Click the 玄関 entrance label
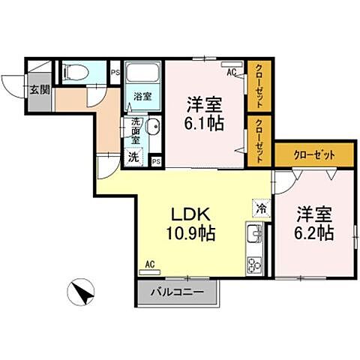coord(40,88)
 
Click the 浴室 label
coord(142,97)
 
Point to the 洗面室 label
coord(136,130)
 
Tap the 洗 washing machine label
coord(133,157)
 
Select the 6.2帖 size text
coord(315,233)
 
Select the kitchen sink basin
coord(253,238)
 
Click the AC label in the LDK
coord(149,264)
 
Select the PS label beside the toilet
coord(115,72)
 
